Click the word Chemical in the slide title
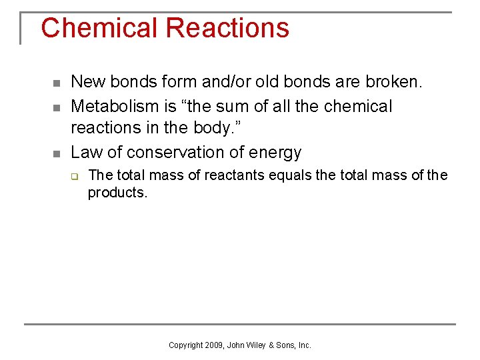pos(99,28)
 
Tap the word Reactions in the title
pos(227,28)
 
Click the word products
pos(117,193)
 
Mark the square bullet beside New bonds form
pos(57,83)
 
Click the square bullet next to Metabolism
pos(57,107)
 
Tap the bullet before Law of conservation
pos(57,153)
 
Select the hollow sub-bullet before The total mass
pos(75,177)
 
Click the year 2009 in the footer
pos(214,345)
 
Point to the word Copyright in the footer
pos(186,345)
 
